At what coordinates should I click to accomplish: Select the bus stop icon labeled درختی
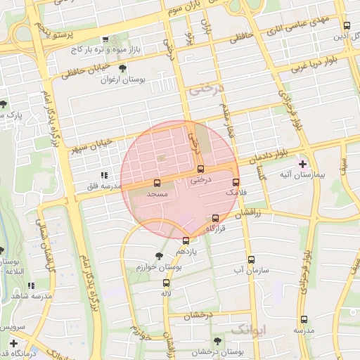(200, 169)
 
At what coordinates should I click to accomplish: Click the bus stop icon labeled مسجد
(156, 183)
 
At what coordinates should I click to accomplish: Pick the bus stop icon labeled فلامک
(236, 182)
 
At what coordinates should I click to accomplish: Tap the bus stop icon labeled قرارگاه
(216, 218)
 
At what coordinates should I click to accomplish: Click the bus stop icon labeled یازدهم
(186, 240)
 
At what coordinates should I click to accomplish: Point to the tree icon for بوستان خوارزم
(157, 257)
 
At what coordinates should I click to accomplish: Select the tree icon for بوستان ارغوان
(123, 69)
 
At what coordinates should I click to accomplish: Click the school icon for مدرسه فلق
(104, 175)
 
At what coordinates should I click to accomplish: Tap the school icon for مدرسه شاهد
(31, 285)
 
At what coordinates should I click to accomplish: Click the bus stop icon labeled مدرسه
(304, 319)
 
